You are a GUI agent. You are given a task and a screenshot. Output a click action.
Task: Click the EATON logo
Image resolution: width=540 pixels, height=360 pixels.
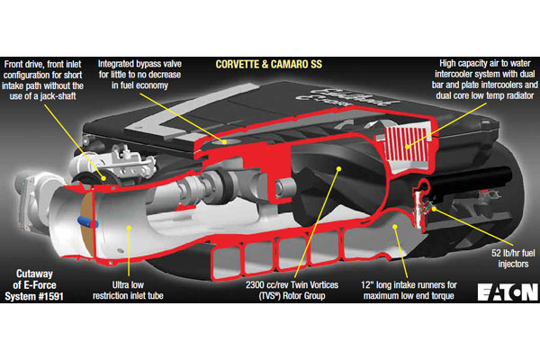[508, 292]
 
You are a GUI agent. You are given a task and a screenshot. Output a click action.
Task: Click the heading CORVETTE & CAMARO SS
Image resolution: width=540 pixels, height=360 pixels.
[268, 65]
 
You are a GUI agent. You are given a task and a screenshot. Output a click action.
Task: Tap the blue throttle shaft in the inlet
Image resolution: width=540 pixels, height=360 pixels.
[88, 222]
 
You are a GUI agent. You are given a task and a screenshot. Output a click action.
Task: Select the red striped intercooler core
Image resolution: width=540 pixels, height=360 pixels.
[407, 144]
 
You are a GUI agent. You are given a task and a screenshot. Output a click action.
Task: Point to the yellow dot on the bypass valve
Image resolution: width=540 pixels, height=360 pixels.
[224, 141]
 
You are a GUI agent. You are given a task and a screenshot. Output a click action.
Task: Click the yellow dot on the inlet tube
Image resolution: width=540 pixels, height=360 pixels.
[129, 228]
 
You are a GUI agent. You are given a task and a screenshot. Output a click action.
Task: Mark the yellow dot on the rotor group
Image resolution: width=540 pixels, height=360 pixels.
[339, 169]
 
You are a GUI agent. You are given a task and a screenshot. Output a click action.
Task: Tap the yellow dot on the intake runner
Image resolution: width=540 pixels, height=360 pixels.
[395, 227]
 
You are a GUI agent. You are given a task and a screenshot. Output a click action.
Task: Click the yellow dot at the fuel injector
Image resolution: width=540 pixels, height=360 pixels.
[435, 209]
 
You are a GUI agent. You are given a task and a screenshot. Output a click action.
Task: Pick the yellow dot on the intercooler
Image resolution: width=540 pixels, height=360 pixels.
[407, 147]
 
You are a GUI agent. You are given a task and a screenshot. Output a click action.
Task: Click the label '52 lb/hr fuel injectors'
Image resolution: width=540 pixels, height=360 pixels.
[513, 258]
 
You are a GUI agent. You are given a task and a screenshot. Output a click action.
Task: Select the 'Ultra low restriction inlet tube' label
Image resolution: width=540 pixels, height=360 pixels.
[128, 290]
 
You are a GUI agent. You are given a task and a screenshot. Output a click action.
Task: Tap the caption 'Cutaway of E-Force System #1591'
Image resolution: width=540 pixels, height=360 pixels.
[34, 285]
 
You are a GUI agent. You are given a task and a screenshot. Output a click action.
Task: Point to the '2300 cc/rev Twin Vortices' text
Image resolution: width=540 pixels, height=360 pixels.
[292, 285]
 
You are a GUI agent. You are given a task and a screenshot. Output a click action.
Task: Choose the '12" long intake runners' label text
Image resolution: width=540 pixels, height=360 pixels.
[409, 285]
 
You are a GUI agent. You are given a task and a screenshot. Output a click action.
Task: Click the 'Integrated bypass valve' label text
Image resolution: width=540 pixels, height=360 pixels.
[139, 64]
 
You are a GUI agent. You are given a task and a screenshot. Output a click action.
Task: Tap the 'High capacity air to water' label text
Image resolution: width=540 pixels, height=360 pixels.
[485, 63]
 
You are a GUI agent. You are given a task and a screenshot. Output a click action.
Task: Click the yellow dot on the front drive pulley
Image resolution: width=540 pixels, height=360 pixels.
[103, 178]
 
